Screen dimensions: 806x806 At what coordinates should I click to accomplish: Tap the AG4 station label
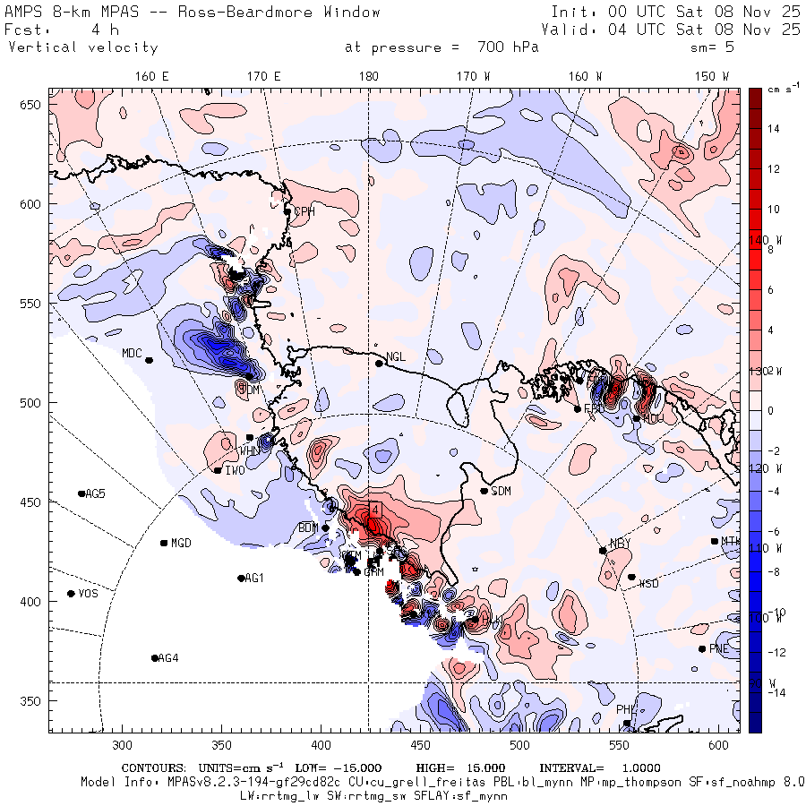168,658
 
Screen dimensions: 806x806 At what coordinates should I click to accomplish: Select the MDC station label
133,353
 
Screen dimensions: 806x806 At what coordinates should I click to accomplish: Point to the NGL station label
396,357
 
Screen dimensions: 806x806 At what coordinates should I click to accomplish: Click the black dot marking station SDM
484,491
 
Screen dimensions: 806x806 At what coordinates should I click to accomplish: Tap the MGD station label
181,543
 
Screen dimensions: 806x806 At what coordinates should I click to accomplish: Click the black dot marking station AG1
241,579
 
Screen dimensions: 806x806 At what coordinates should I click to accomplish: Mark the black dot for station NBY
603,551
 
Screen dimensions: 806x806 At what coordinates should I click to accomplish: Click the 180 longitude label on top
368,77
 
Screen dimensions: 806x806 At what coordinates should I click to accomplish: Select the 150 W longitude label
712,77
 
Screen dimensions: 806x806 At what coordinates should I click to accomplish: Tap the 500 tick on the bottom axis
519,744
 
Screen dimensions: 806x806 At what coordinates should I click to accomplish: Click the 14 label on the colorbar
774,129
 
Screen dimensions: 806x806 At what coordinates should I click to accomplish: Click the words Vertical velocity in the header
83,47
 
